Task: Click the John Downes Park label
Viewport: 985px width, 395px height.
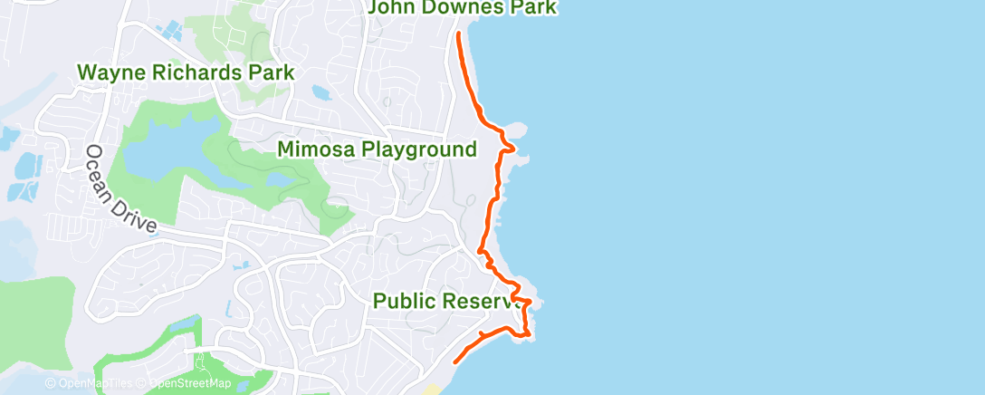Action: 462,8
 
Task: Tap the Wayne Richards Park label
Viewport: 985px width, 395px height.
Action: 186,72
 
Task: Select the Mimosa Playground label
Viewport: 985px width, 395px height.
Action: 377,149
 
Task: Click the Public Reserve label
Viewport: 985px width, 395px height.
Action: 444,301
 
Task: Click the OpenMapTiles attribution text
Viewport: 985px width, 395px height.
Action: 91,384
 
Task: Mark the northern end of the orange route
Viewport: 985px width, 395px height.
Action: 458,34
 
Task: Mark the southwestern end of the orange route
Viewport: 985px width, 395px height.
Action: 454,361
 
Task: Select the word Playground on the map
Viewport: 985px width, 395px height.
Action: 417,149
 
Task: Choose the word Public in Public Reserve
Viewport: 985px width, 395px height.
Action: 405,301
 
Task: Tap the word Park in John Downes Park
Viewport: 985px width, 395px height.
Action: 532,8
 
